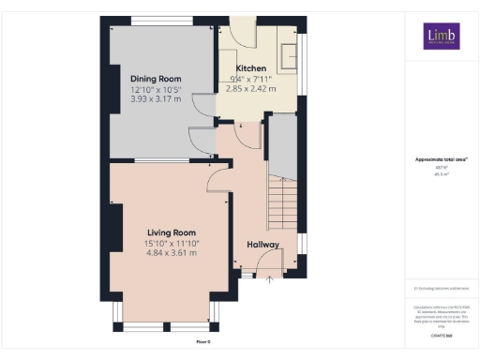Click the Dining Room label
[156, 79]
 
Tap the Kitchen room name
[250, 68]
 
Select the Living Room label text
[171, 232]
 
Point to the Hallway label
[263, 245]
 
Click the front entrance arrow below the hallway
[270, 278]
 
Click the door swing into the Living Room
[217, 178]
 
